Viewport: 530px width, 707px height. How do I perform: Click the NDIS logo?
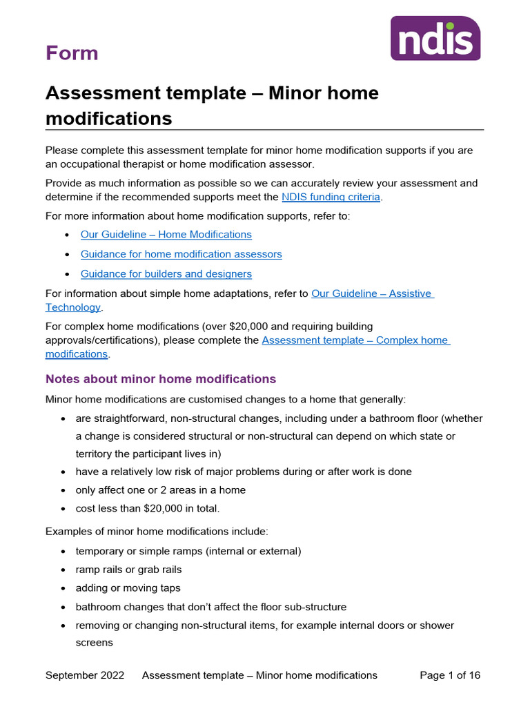pyautogui.click(x=435, y=38)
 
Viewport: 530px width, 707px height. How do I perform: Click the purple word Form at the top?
pyautogui.click(x=72, y=53)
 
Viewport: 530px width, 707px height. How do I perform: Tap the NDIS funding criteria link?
pyautogui.click(x=331, y=197)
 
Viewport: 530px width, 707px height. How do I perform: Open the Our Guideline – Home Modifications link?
pyautogui.click(x=166, y=235)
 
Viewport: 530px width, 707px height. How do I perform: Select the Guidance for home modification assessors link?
pyautogui.click(x=181, y=254)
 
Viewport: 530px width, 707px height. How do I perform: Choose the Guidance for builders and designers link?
pyautogui.click(x=166, y=273)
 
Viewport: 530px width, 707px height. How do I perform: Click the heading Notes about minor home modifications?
pyautogui.click(x=160, y=379)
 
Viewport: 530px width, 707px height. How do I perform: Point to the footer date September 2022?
pyautogui.click(x=85, y=675)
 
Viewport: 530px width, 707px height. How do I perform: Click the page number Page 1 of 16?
pyautogui.click(x=450, y=675)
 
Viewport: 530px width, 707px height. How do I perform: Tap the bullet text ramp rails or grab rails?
pyautogui.click(x=128, y=570)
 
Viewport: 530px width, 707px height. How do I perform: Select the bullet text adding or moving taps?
pyautogui.click(x=128, y=588)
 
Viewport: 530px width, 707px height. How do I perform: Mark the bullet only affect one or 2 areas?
pyautogui.click(x=160, y=490)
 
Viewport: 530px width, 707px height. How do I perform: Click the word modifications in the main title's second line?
pyautogui.click(x=108, y=118)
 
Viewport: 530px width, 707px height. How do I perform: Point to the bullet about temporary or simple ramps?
pyautogui.click(x=188, y=552)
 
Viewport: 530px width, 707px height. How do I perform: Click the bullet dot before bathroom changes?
pyautogui.click(x=64, y=608)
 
